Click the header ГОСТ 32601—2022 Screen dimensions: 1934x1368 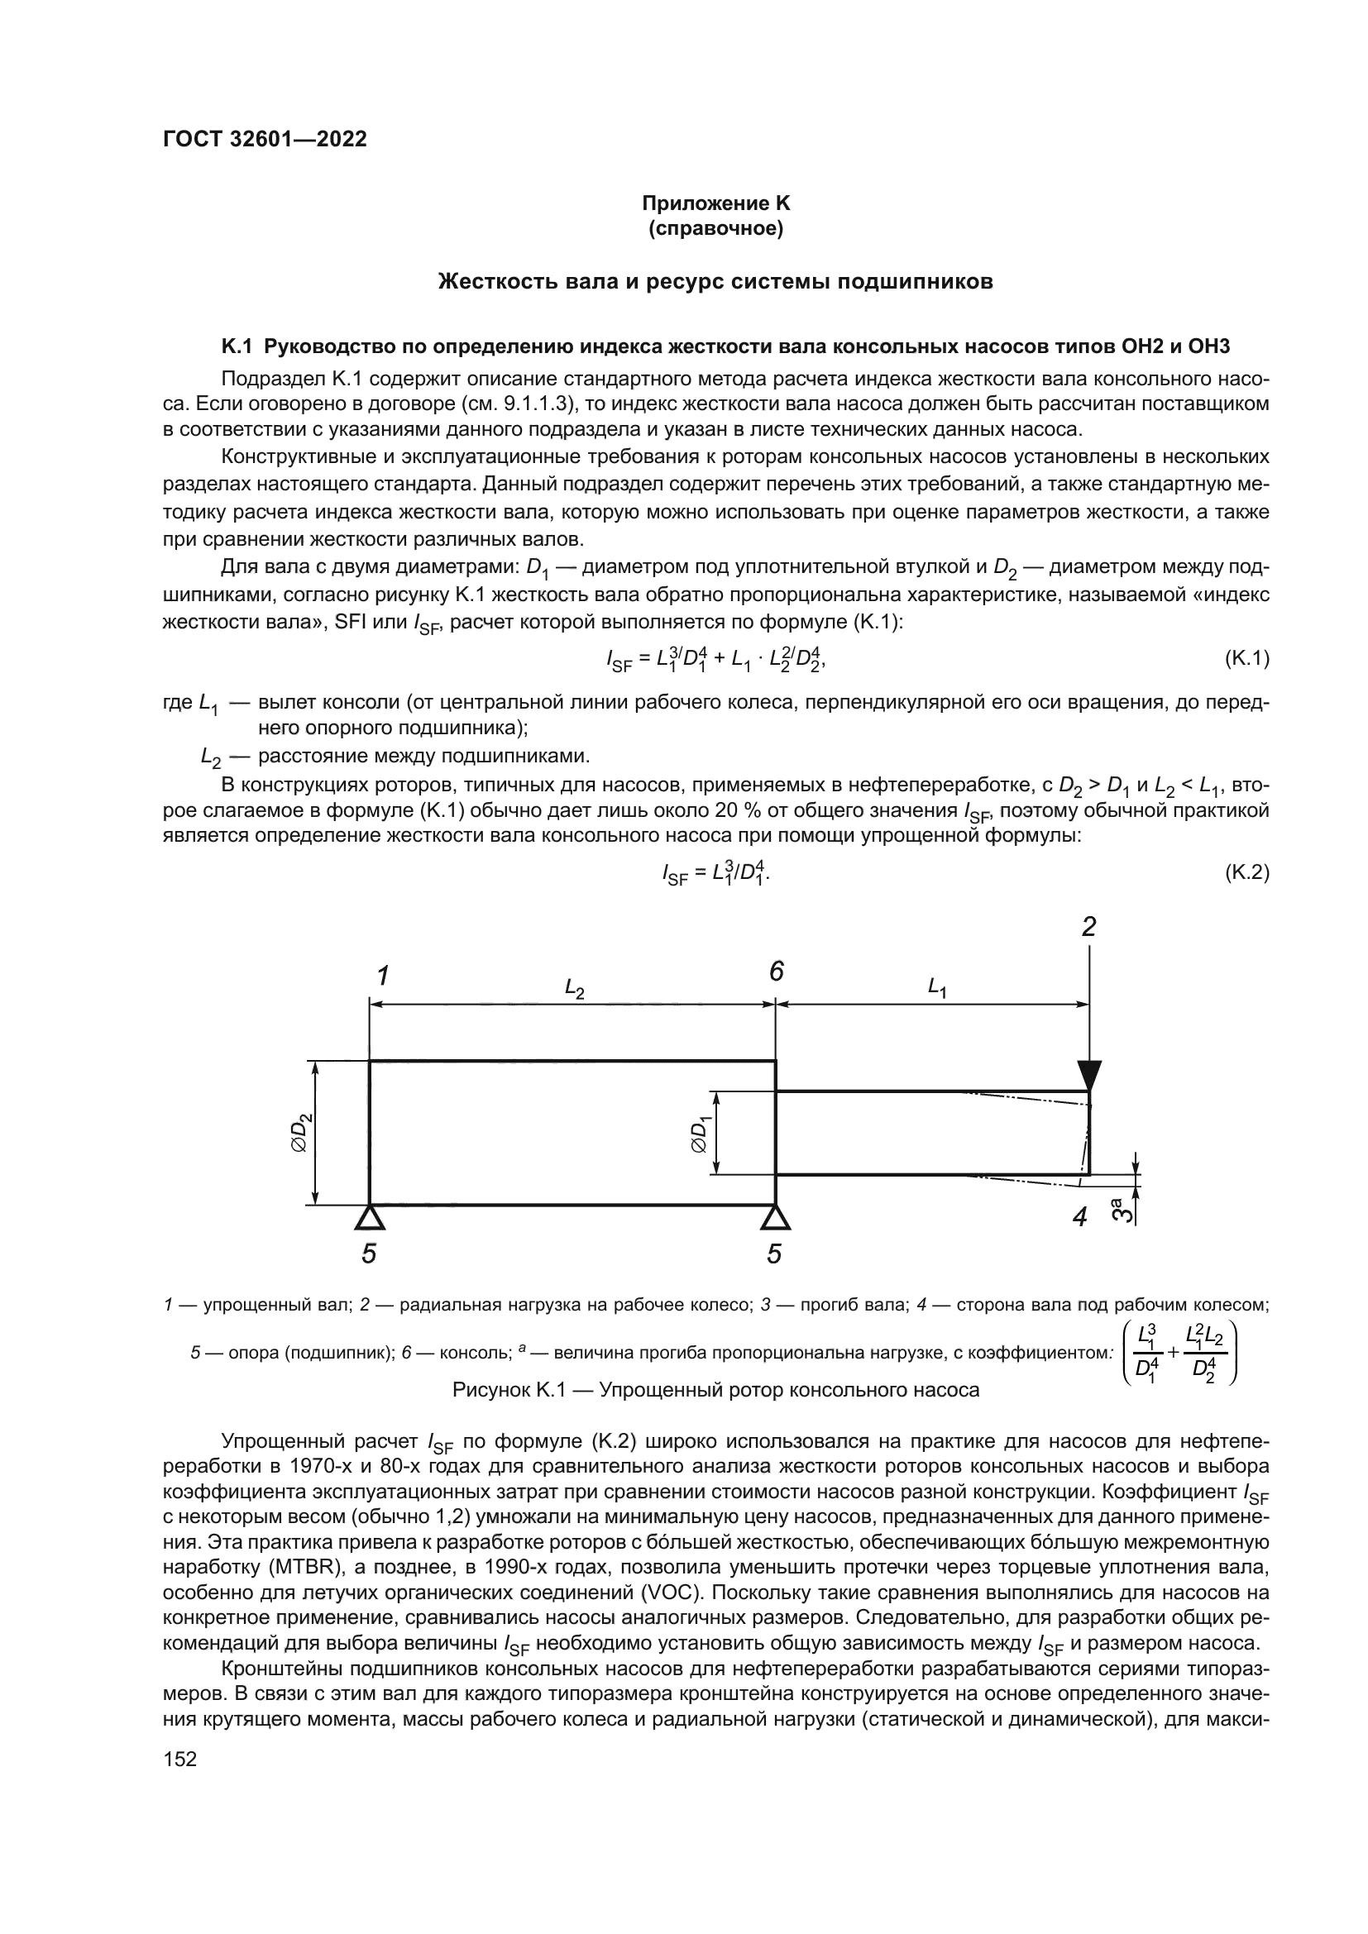click(265, 140)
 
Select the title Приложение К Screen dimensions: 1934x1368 click(716, 203)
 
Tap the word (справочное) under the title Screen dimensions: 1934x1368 click(716, 229)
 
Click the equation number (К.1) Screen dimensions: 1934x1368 click(1246, 659)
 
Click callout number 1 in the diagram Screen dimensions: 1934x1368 click(382, 977)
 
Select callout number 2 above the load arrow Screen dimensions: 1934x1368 click(1088, 928)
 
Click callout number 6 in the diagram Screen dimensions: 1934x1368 click(776, 972)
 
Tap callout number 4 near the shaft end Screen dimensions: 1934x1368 click(1080, 1216)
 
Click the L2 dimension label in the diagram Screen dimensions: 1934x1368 click(575, 988)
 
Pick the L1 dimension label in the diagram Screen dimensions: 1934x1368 click(937, 986)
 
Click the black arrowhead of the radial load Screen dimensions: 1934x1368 click(1089, 1076)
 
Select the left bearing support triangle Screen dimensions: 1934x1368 click(369, 1217)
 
